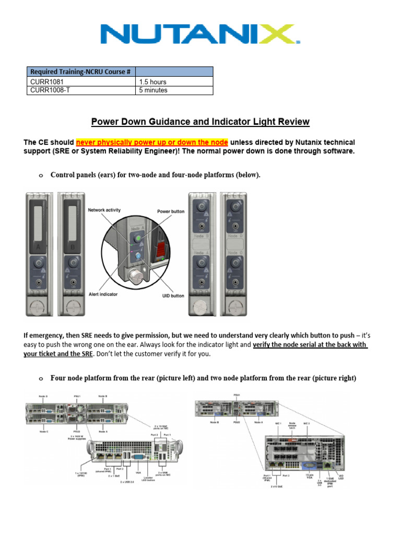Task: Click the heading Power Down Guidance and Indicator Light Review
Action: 200,122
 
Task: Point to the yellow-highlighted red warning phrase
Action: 152,143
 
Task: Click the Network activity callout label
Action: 104,210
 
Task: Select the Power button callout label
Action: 171,212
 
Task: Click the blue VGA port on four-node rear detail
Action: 139,456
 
